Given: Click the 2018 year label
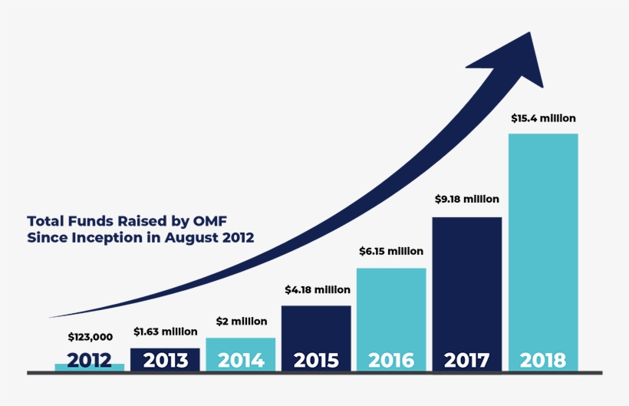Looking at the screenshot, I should click(542, 360).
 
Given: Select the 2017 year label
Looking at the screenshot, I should click(466, 360).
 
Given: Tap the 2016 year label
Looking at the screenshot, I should click(391, 360).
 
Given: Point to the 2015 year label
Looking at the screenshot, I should click(316, 360).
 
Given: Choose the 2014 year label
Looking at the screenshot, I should click(241, 360).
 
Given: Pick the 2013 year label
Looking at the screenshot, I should click(165, 360).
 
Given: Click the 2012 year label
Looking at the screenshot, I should click(90, 360).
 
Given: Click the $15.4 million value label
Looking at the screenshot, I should click(543, 118).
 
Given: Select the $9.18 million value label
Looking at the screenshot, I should click(466, 199).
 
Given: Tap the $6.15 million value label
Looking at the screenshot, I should click(391, 251).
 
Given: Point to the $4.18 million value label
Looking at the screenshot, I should click(317, 290).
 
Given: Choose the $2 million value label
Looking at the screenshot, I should click(241, 321).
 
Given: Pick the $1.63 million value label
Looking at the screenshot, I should click(165, 332).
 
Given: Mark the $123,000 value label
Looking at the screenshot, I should click(90, 337).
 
